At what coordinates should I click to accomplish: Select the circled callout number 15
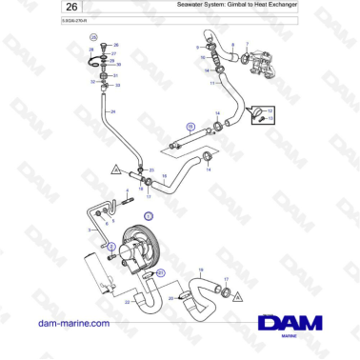pyautogui.click(x=190, y=126)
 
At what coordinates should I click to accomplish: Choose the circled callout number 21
pyautogui.click(x=161, y=273)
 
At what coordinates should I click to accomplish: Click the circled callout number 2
pyautogui.click(x=111, y=247)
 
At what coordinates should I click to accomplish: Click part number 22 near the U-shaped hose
pyautogui.click(x=127, y=303)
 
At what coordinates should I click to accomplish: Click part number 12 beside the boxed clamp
pyautogui.click(x=270, y=112)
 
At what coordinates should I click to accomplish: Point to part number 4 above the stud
pyautogui.click(x=124, y=190)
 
